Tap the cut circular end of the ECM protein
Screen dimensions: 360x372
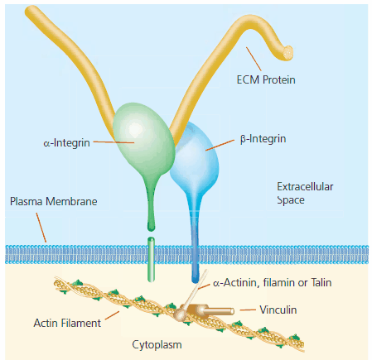tap(287, 50)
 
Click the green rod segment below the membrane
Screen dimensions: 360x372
tap(152, 260)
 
